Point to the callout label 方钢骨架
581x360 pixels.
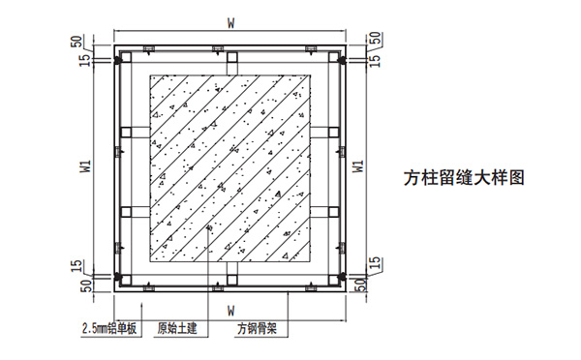point(258,328)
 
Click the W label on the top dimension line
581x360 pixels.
point(229,19)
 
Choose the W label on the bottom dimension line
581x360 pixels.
point(229,310)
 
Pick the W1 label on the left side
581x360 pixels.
point(85,165)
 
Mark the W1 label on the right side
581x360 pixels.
point(360,165)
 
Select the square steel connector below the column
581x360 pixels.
point(230,272)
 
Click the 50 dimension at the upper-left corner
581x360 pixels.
point(76,42)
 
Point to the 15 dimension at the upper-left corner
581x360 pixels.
point(85,61)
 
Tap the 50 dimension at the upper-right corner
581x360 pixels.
point(373,42)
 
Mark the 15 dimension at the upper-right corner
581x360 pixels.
point(373,61)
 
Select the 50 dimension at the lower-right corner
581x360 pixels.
point(361,286)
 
